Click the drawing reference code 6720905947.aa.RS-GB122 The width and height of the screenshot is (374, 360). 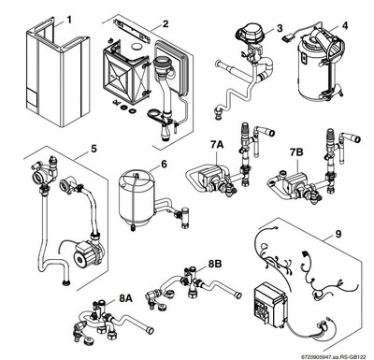tap(321, 353)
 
